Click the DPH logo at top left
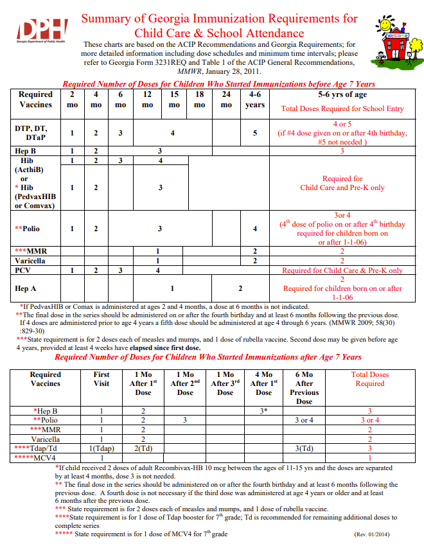click(x=42, y=28)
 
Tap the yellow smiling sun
click(x=385, y=24)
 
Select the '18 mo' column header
click(x=199, y=100)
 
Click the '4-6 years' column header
click(x=255, y=100)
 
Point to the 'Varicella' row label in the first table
click(x=31, y=261)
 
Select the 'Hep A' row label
click(x=26, y=288)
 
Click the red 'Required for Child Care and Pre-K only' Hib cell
click(x=342, y=183)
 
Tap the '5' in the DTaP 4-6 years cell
click(x=255, y=133)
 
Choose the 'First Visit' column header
click(x=102, y=379)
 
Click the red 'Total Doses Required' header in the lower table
click(x=370, y=379)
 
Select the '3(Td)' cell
click(x=304, y=448)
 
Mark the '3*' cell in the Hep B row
click(x=263, y=410)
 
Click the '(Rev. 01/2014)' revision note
click(x=373, y=534)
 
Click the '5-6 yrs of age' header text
click(x=342, y=94)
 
